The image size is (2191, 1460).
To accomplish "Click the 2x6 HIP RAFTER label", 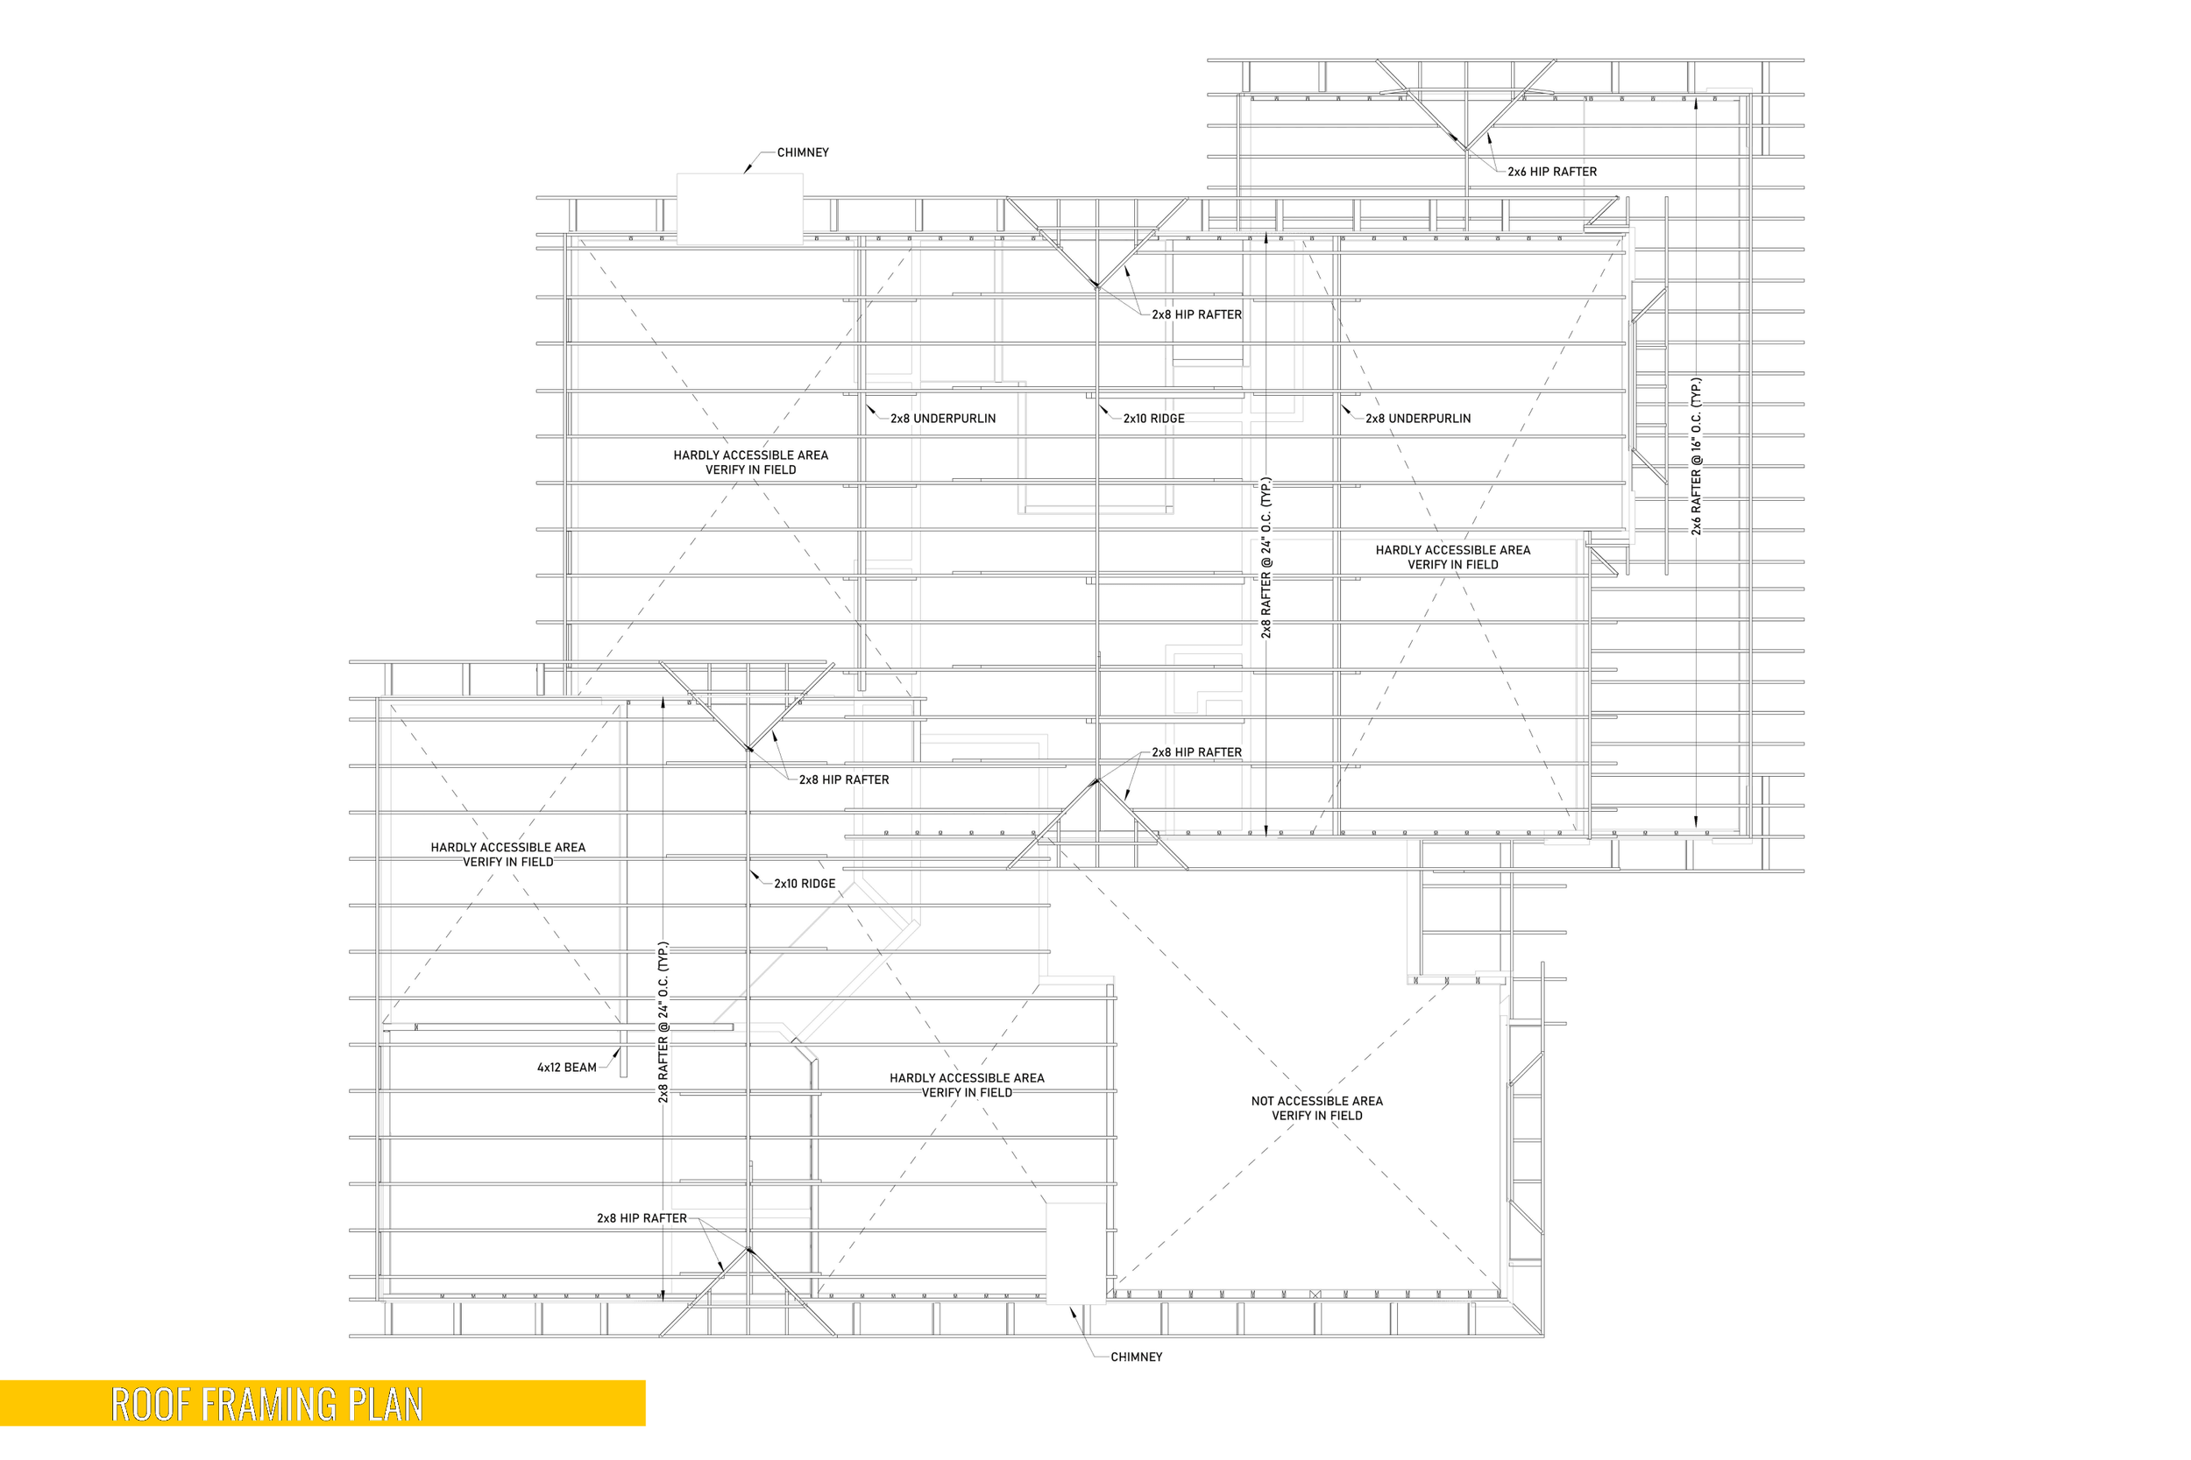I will click(1552, 173).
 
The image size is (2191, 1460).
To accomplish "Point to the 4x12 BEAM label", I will click(566, 1068).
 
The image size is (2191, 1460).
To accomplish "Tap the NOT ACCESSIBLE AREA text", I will click(1316, 1102).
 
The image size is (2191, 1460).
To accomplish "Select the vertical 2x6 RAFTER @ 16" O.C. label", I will click(1696, 456).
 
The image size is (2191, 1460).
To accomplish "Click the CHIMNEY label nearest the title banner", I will click(1136, 1358).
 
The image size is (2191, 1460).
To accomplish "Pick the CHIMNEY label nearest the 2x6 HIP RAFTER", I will click(802, 152).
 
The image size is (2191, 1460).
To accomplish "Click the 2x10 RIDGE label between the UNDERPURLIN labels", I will click(1153, 419).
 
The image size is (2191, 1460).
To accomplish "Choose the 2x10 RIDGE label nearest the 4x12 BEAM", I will click(804, 884).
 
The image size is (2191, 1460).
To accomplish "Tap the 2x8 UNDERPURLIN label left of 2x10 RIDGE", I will click(943, 419).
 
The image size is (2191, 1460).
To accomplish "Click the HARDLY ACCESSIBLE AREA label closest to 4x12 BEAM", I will click(507, 847).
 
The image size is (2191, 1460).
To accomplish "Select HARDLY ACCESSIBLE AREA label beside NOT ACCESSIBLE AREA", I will click(967, 1078).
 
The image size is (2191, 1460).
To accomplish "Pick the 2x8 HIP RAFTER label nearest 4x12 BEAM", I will click(642, 1219).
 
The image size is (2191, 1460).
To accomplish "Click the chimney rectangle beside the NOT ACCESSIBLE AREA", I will click(1076, 1252).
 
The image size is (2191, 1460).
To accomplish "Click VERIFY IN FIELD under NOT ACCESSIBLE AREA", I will click(1316, 1117).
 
